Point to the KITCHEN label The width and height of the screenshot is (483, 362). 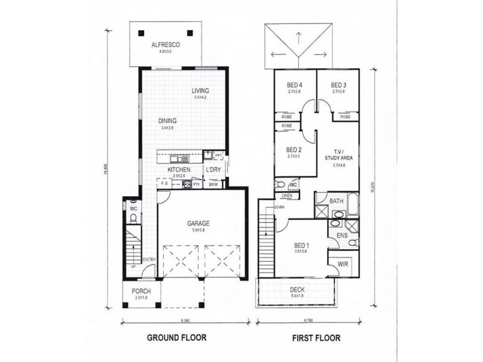(179, 170)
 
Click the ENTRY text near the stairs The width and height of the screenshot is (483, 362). (149, 260)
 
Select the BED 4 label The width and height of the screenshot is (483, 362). (294, 85)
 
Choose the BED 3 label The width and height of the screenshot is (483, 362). (338, 85)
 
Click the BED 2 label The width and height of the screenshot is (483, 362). (294, 150)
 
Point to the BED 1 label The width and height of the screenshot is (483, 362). (302, 246)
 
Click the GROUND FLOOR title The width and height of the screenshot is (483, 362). (176, 338)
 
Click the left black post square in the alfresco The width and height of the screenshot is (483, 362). (139, 33)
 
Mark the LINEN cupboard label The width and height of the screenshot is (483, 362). (287, 196)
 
